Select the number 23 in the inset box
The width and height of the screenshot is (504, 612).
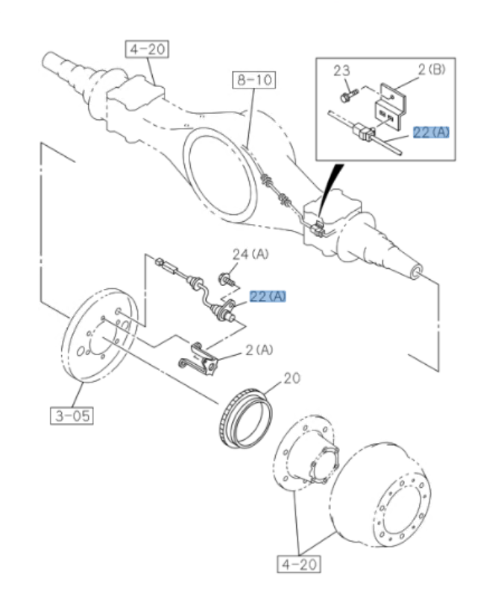(x=341, y=71)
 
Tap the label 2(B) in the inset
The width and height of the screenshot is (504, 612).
(x=432, y=70)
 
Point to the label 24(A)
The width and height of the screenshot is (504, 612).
(x=250, y=255)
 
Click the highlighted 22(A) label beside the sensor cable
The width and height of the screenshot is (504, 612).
(x=268, y=296)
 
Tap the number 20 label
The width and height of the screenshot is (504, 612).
(x=292, y=378)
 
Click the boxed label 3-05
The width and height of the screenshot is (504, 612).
(x=73, y=415)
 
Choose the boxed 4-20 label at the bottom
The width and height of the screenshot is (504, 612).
(x=298, y=564)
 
